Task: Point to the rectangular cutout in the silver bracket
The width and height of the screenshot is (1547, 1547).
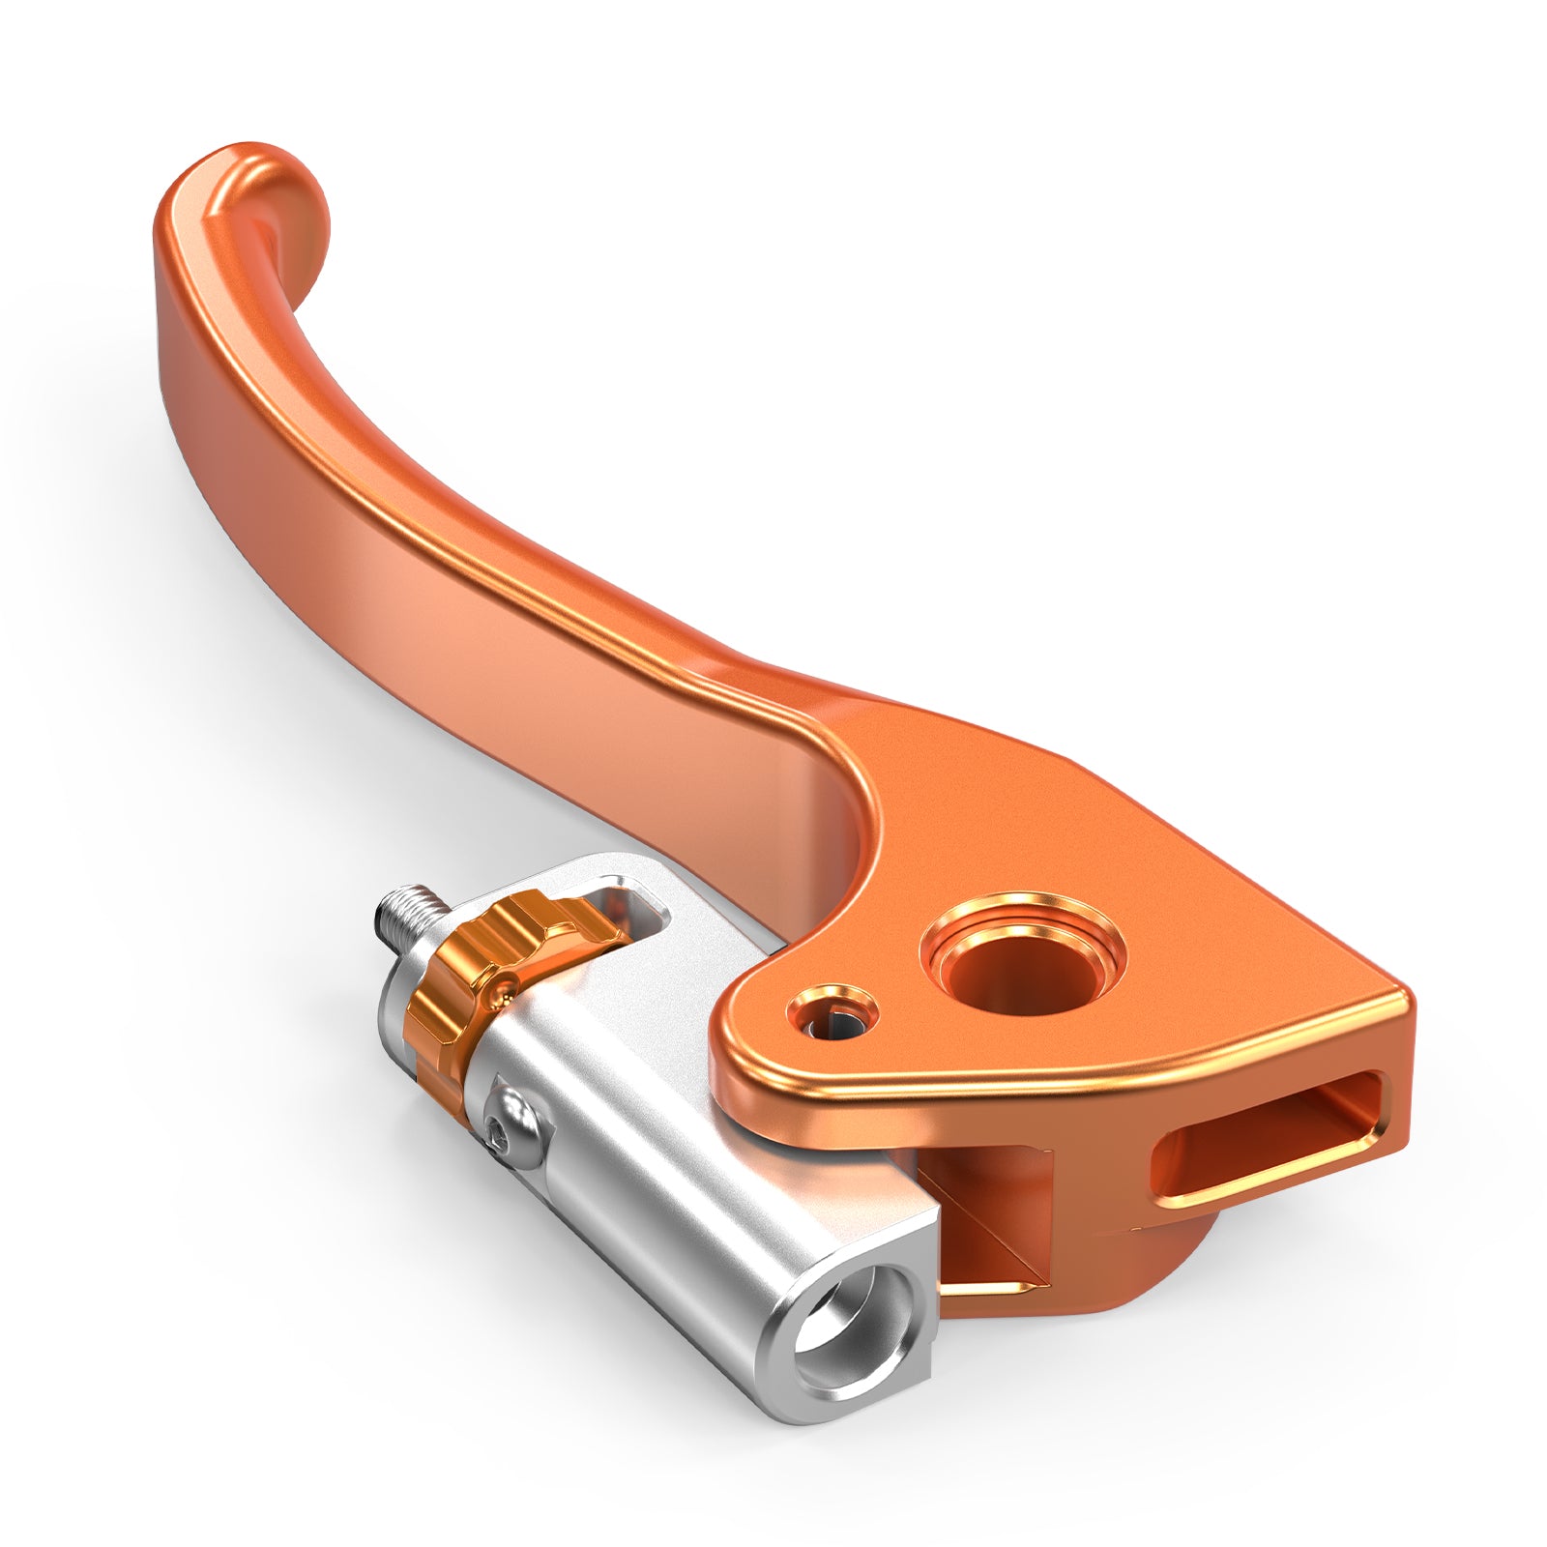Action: click(x=633, y=909)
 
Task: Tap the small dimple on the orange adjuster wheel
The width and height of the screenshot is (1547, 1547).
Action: click(x=503, y=986)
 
